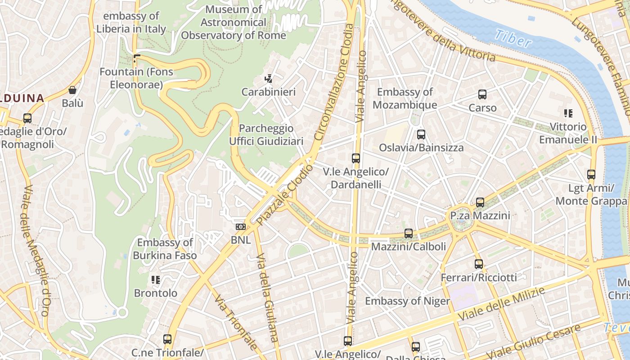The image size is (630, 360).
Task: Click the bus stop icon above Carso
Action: [x=482, y=94]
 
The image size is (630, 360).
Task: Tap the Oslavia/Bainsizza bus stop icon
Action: [x=421, y=135]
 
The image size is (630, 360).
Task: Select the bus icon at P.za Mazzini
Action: [x=480, y=202]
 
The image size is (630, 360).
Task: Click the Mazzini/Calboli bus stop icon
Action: [x=409, y=234]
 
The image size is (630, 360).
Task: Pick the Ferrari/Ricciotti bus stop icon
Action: [x=479, y=264]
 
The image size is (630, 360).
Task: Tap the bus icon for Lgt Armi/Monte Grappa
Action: [x=591, y=175]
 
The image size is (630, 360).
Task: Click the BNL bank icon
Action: [x=241, y=227]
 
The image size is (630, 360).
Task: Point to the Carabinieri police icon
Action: [x=269, y=79]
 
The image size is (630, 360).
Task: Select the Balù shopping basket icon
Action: [x=72, y=90]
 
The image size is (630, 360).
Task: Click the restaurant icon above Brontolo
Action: [x=156, y=280]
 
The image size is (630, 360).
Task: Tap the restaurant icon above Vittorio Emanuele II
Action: [x=568, y=113]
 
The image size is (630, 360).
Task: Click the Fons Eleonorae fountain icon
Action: [x=137, y=58]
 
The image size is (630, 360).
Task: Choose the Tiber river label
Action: [x=512, y=39]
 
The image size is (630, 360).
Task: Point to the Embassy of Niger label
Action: [x=407, y=301]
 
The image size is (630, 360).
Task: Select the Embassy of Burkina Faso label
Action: [x=165, y=249]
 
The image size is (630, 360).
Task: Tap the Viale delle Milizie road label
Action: [x=501, y=305]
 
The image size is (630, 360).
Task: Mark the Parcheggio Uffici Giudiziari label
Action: [x=266, y=135]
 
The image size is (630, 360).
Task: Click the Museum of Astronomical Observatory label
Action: [x=234, y=22]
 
